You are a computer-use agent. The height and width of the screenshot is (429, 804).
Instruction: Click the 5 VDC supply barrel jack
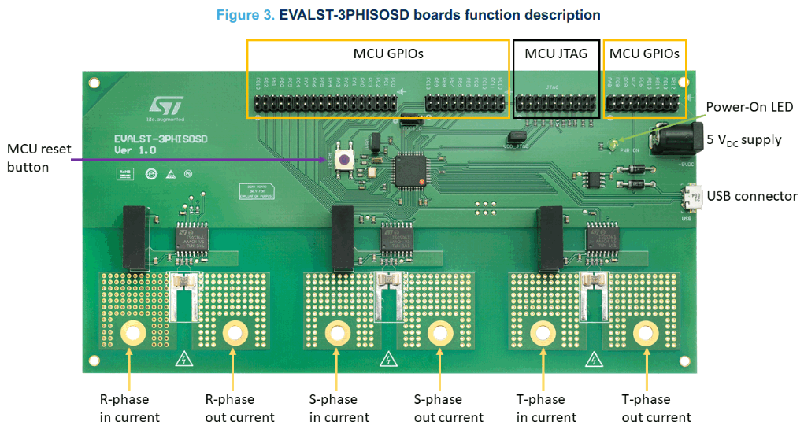(668, 142)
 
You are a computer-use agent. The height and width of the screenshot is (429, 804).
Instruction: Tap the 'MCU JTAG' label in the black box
(556, 54)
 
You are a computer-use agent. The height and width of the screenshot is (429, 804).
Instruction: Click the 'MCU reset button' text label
(39, 157)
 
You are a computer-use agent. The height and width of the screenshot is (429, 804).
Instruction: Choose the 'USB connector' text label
(752, 196)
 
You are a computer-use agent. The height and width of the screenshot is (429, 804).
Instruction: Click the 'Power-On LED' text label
(749, 107)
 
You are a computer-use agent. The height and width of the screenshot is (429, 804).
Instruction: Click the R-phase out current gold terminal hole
(233, 334)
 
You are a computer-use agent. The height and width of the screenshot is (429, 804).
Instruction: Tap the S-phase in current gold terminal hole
(336, 334)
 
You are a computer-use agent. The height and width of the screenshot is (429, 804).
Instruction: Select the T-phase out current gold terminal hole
(647, 334)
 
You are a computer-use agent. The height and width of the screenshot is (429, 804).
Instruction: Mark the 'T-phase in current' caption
(546, 408)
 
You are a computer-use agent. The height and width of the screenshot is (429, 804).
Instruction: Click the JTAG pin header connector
(555, 104)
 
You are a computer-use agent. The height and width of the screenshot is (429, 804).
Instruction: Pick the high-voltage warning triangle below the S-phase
(387, 360)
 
